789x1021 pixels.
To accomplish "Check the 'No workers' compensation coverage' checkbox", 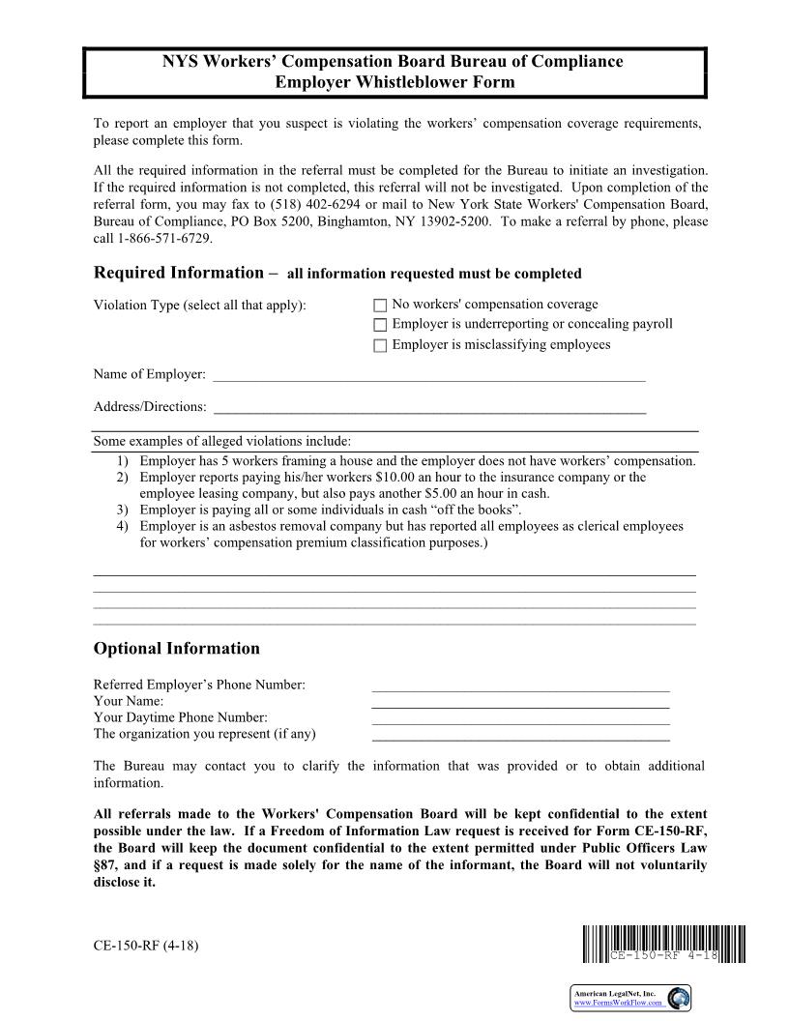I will [x=380, y=306].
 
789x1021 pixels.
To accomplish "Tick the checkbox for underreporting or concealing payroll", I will [x=380, y=325].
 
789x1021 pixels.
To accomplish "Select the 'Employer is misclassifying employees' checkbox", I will [x=380, y=345].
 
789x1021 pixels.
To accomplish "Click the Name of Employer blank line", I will [x=427, y=375].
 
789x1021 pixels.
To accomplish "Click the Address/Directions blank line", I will [x=427, y=407].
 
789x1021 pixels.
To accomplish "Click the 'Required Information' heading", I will [x=178, y=273].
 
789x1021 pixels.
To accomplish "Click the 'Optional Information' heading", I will [x=176, y=649].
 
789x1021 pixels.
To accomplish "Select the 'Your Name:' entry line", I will [x=520, y=702].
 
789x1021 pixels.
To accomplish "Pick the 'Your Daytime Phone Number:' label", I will [x=180, y=717].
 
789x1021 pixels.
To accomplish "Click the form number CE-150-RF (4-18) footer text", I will [x=146, y=945].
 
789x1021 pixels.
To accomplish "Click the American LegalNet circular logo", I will [x=679, y=998].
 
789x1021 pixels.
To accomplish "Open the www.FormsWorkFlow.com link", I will [x=618, y=1003].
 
